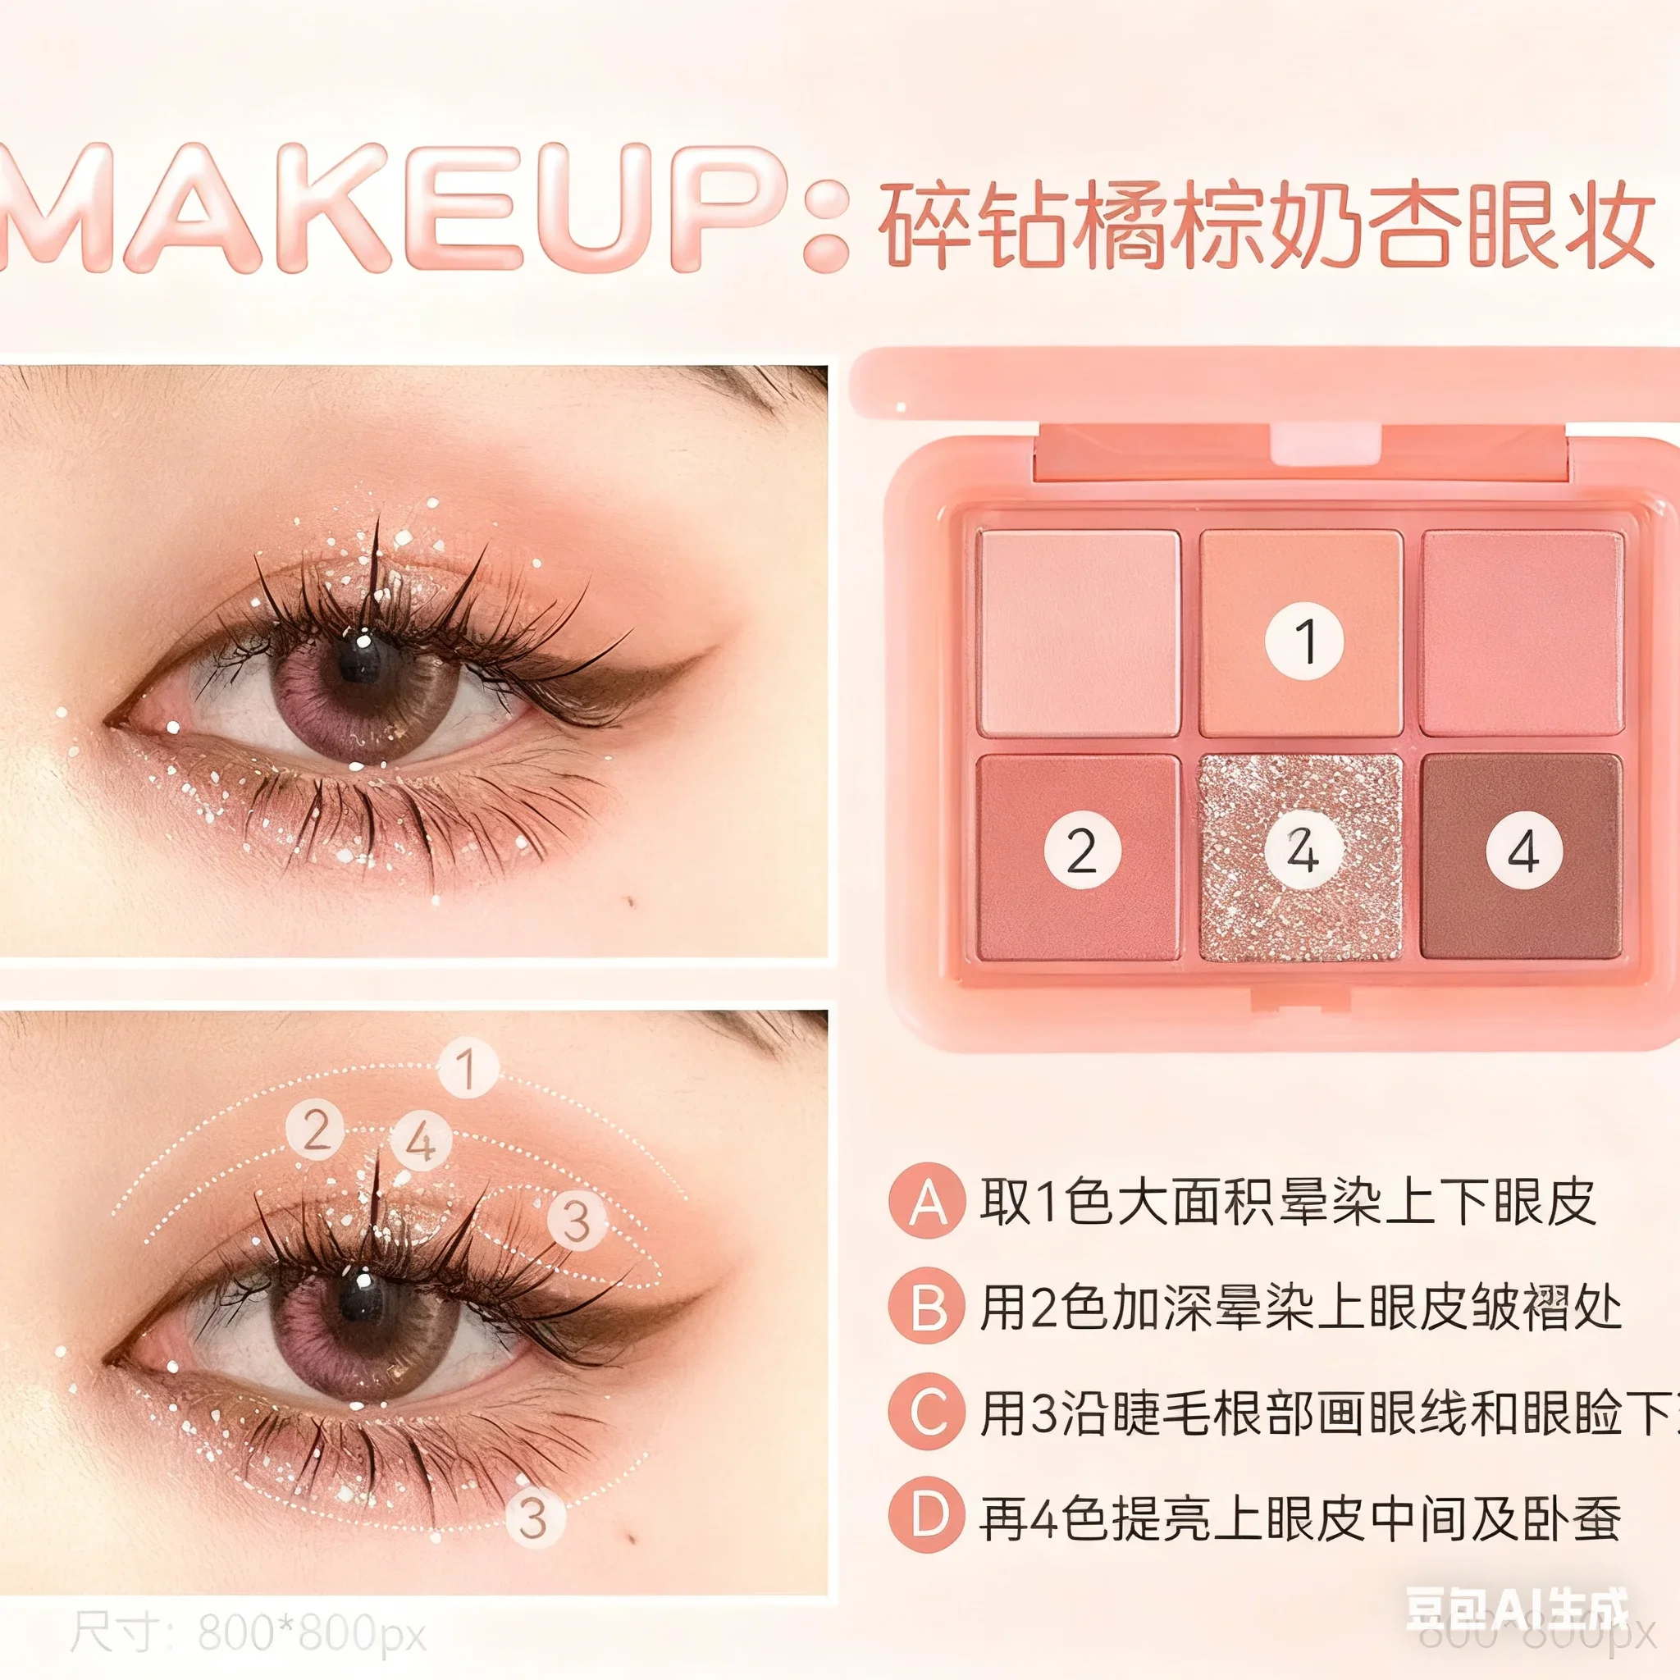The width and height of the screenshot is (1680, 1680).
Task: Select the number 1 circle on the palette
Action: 1303,641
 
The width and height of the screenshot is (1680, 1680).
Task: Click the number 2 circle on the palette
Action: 1082,851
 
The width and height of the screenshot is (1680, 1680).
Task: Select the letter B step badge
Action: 927,1307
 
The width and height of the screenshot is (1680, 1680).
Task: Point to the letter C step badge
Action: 927,1413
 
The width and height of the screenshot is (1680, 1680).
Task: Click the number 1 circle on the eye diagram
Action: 468,1068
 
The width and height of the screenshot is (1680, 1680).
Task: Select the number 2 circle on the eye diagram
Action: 317,1130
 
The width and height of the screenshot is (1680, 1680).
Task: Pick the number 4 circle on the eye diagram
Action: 421,1142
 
